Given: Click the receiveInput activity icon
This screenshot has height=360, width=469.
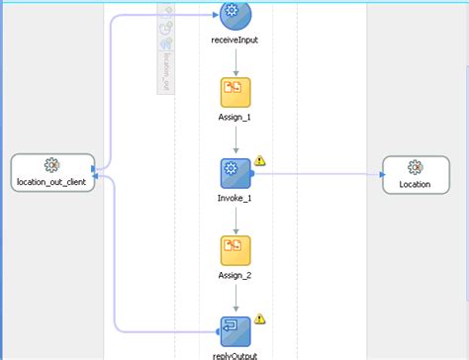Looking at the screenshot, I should point(235,13).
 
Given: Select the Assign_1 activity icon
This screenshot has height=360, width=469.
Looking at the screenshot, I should point(235,92).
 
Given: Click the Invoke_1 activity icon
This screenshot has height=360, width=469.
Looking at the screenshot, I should point(235,174).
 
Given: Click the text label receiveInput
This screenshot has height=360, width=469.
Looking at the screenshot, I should point(235,42).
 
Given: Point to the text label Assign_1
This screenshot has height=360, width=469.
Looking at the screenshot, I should point(235,118).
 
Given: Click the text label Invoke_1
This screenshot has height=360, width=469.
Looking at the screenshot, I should point(235,198).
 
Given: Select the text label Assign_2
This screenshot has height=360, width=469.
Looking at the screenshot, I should point(235,276).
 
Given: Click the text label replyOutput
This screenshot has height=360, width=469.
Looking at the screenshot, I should point(235,353).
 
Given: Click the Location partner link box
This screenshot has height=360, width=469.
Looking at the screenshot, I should point(416,174).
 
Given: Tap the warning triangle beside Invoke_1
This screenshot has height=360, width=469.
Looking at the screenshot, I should point(260,160).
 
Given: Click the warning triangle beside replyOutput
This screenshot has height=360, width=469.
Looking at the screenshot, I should point(260,318).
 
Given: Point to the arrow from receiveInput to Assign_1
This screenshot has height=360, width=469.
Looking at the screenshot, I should point(235,61).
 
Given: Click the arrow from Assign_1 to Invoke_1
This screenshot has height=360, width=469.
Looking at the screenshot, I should point(235,140).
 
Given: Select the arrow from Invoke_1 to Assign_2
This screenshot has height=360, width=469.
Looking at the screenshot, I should point(235,219).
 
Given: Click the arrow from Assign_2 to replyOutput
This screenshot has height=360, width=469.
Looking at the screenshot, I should point(235,298).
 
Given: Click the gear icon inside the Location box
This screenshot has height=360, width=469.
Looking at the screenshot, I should point(416,167).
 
